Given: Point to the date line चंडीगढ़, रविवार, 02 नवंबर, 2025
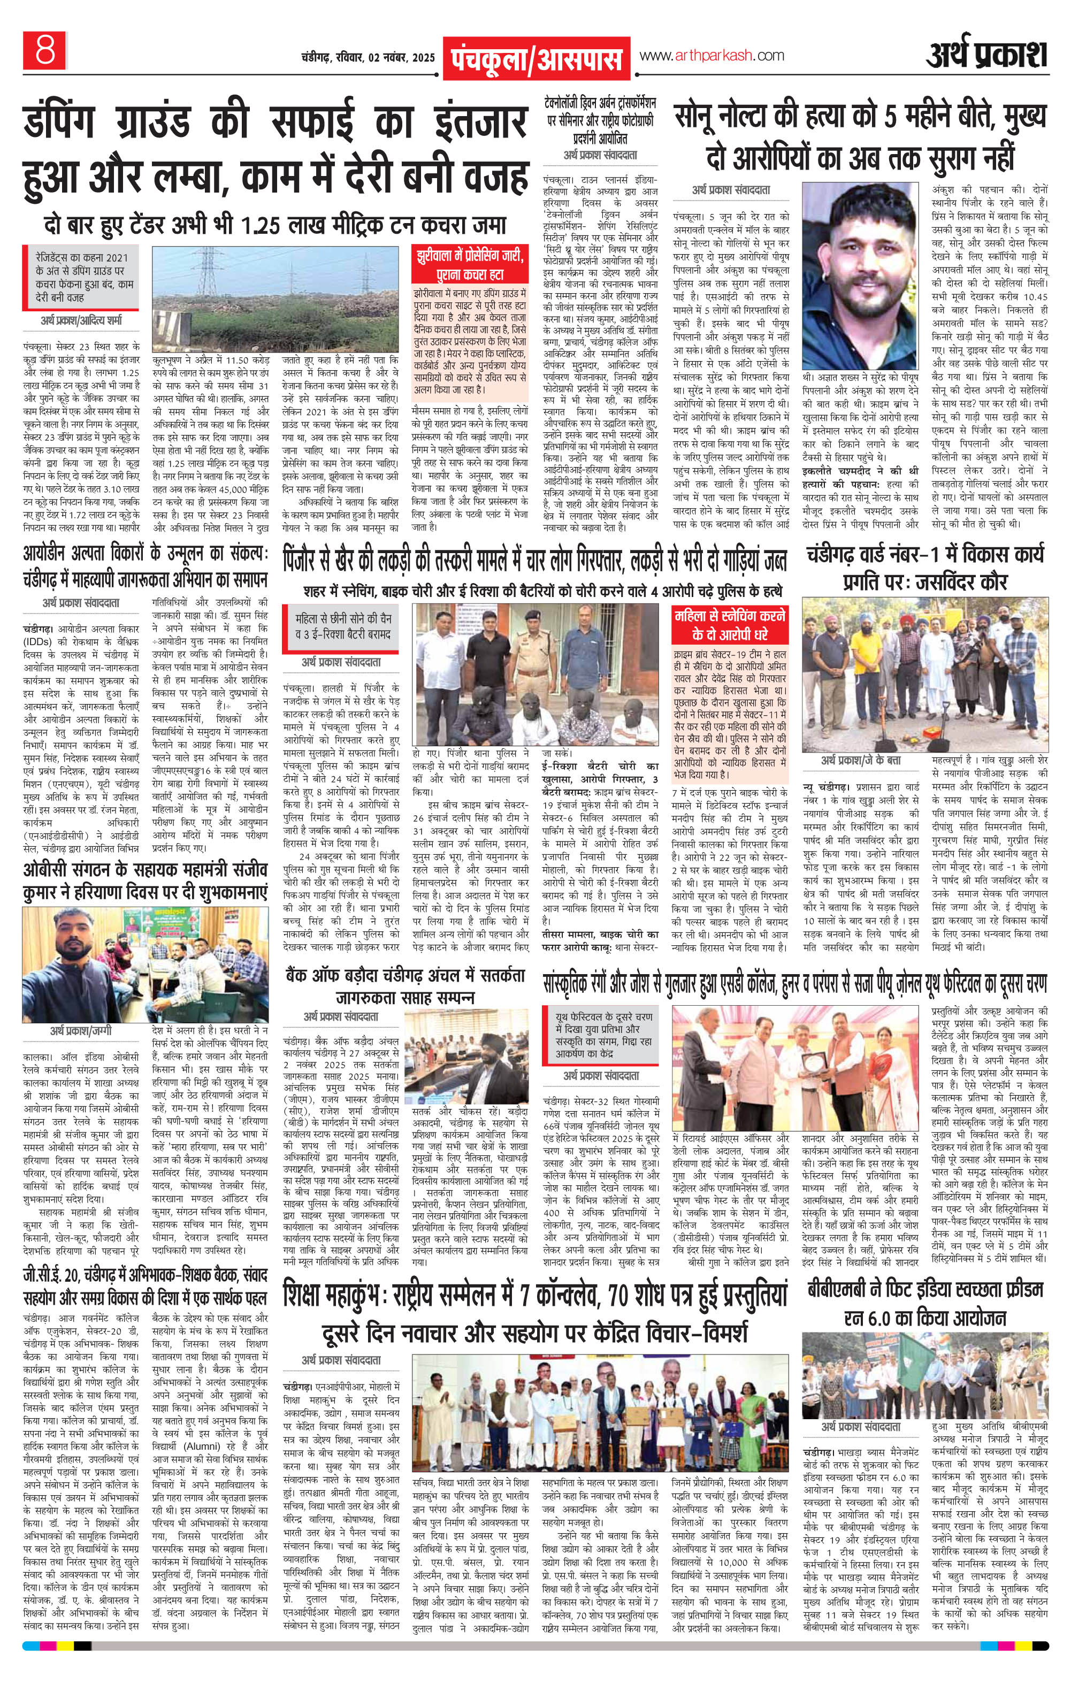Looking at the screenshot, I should (x=360, y=57).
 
